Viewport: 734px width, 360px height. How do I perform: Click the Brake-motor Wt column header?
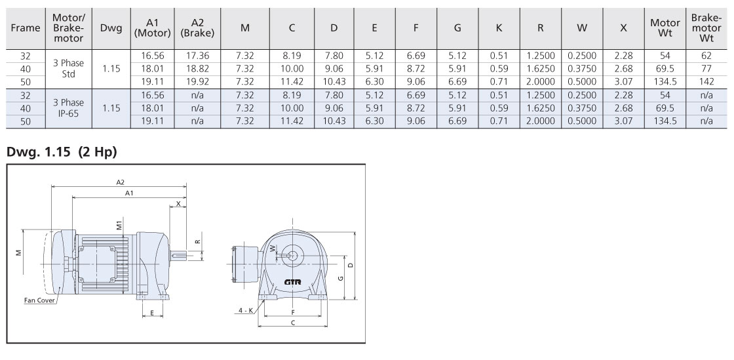point(707,28)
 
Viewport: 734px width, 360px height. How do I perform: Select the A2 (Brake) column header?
point(197,28)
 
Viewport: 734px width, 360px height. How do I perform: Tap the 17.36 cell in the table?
point(197,56)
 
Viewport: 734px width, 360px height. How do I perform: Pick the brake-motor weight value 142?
point(707,81)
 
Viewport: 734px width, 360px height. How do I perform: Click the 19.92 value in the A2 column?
point(197,81)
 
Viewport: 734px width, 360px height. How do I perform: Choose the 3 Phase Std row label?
point(68,68)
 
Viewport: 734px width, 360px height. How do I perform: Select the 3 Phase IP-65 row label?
point(68,108)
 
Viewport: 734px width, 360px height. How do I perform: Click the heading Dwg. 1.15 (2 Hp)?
point(62,152)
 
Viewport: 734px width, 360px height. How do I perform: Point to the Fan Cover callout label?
point(40,300)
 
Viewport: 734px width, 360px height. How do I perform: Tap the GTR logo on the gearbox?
point(292,282)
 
